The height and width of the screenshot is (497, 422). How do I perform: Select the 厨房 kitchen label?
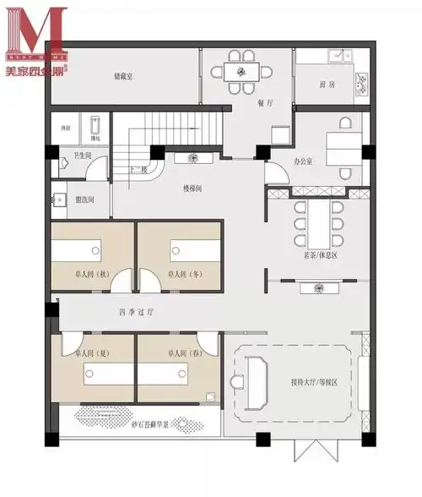pyautogui.click(x=327, y=85)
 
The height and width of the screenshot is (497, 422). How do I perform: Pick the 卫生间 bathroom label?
pyautogui.click(x=82, y=156)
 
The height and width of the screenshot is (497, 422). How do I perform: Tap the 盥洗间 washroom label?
pyautogui.click(x=84, y=199)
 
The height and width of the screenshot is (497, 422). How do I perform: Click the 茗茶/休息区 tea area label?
pyautogui.click(x=316, y=253)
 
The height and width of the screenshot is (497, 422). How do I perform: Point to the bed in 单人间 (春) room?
pyautogui.click(x=176, y=372)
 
